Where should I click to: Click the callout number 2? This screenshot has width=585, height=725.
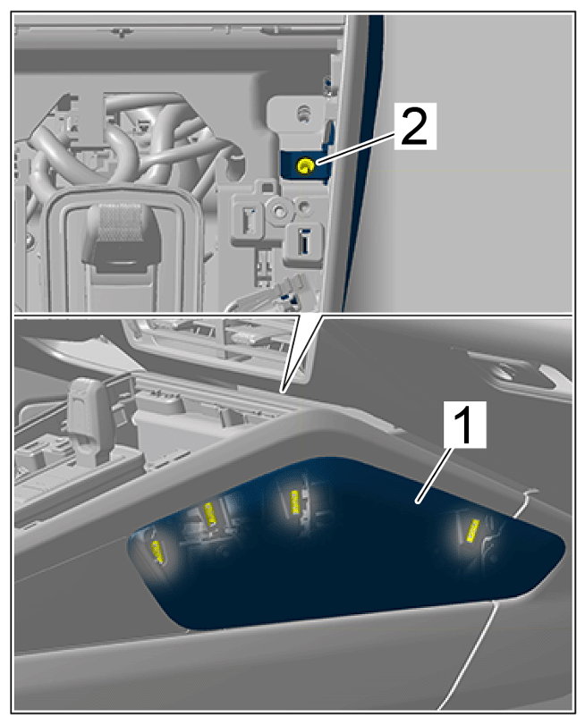click(415, 125)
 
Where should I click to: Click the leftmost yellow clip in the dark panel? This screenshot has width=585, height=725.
click(158, 551)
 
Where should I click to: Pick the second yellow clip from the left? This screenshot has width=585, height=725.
click(210, 513)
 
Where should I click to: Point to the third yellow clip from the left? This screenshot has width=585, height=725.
click(293, 502)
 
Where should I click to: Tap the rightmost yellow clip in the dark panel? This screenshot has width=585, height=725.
click(472, 530)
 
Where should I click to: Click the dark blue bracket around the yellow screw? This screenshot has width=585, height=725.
click(304, 164)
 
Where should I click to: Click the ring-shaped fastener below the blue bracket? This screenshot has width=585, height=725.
click(280, 211)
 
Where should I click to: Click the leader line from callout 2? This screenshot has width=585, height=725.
click(356, 146)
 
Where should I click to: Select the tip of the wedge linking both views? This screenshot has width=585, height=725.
click(284, 392)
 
